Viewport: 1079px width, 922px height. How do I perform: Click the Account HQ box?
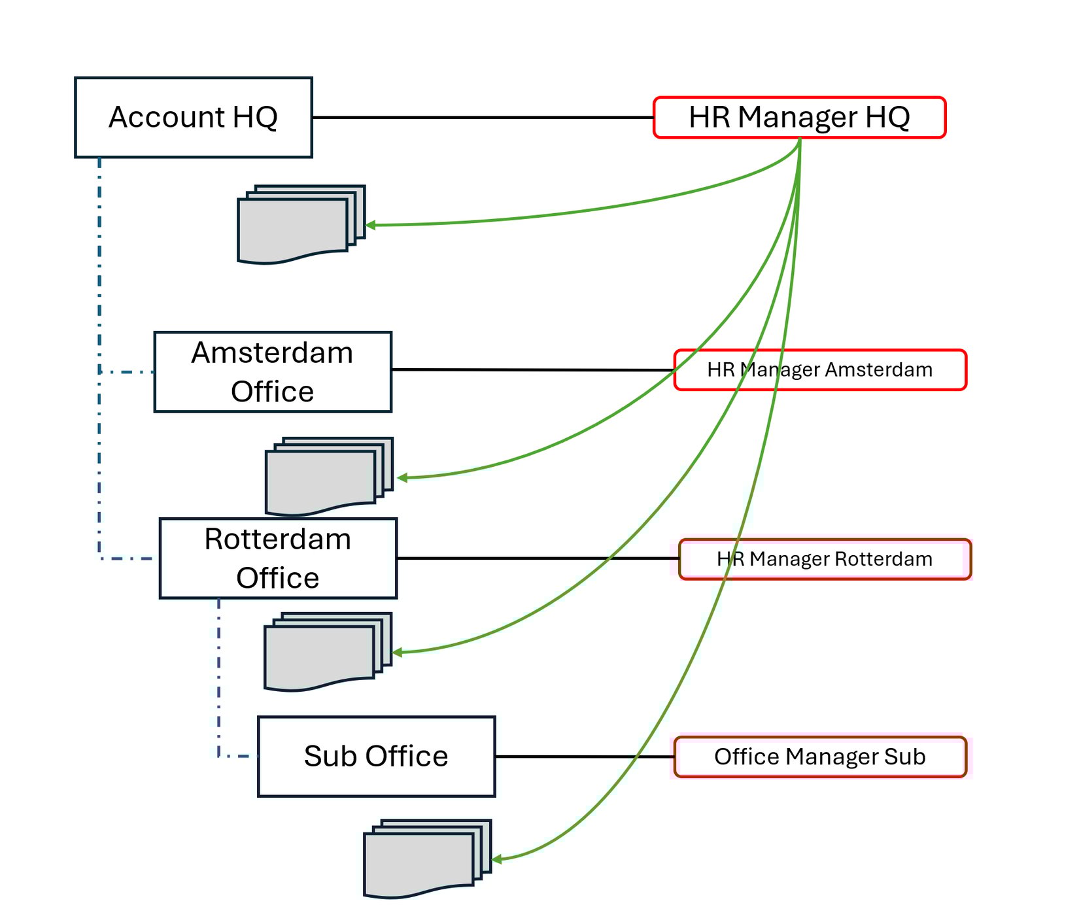point(193,118)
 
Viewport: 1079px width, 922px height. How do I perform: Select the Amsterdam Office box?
point(273,372)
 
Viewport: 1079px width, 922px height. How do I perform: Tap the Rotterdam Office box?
point(278,558)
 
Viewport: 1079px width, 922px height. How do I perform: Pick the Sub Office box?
point(376,757)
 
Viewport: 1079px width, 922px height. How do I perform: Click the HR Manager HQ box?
point(799,118)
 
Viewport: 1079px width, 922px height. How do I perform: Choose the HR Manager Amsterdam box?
point(820,370)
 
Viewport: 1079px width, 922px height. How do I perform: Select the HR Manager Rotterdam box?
point(825,559)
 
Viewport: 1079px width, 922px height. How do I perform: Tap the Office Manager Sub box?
point(820,757)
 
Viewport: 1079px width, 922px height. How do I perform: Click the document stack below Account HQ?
point(294,226)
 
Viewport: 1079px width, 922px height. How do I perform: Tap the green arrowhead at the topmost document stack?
point(370,225)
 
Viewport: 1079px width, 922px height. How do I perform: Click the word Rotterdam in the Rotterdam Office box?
point(278,540)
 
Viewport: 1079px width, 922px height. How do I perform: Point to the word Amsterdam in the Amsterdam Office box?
point(272,353)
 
